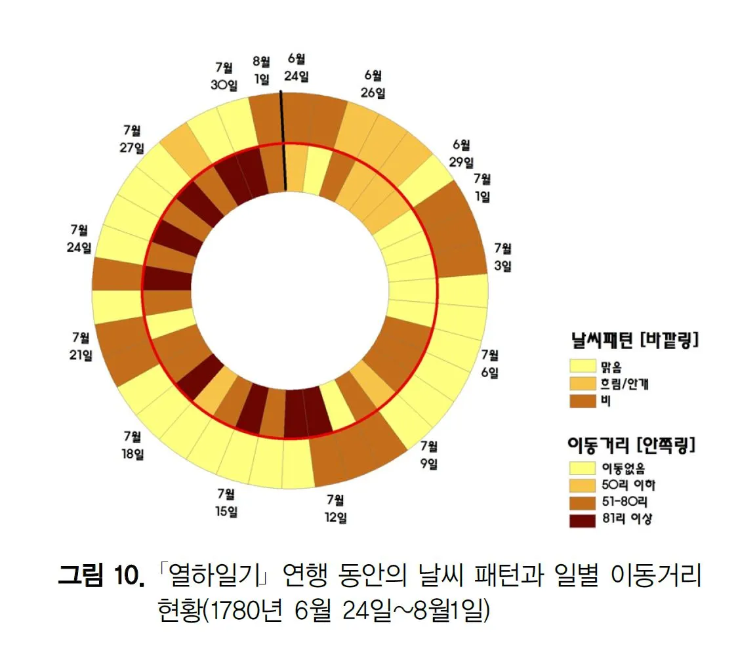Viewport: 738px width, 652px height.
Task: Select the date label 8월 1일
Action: [261, 70]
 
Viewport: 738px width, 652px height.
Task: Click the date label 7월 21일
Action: [81, 346]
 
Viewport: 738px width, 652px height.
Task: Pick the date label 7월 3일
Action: [502, 256]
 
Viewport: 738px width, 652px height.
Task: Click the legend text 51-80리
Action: [623, 502]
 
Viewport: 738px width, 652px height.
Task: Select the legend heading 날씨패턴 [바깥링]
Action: [632, 340]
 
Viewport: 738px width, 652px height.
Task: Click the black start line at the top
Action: [283, 141]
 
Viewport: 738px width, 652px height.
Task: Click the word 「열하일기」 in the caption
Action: [211, 578]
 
